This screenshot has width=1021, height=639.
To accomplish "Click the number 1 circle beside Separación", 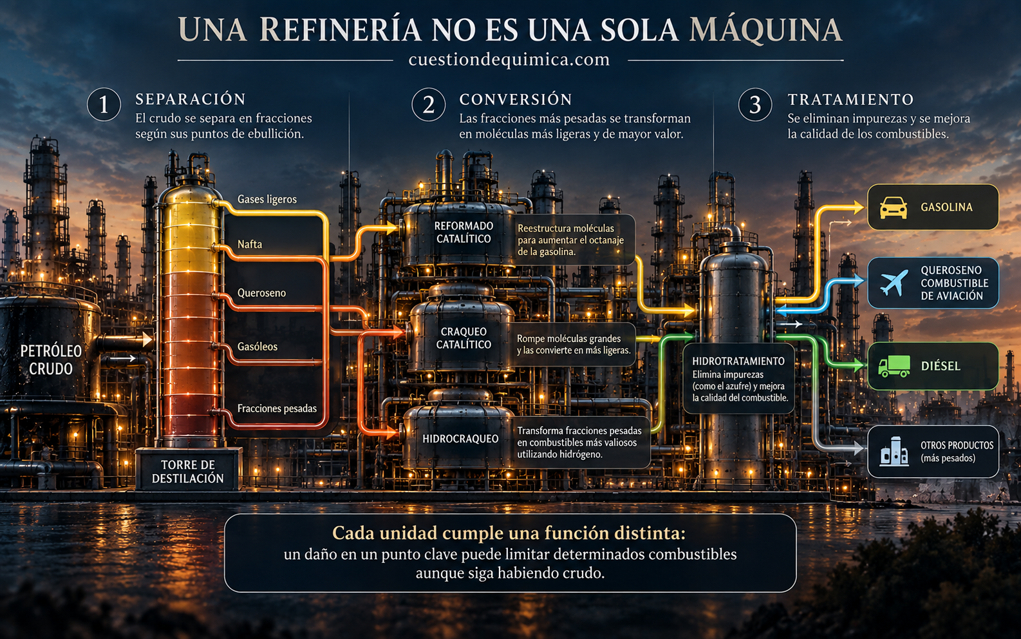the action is (104, 104).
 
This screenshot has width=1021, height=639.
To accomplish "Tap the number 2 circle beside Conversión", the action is (429, 104).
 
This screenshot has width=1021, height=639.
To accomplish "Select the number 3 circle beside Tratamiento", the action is (755, 104).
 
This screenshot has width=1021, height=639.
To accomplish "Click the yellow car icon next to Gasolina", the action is (893, 207).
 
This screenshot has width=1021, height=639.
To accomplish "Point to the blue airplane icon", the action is (894, 282).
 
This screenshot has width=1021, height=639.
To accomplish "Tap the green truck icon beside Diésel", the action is (894, 367).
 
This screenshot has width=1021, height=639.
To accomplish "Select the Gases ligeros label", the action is (267, 199).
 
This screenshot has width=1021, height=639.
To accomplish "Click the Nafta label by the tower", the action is (250, 245).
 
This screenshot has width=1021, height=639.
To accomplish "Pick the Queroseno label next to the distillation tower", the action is (261, 293).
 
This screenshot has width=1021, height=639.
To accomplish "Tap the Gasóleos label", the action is (257, 347).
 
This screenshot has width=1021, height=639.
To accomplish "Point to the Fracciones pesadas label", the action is (277, 408).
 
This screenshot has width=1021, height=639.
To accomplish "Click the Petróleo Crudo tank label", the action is (51, 360).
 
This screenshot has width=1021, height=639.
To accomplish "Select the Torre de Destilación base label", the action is (188, 472).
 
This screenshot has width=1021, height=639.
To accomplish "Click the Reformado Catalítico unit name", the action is (464, 232).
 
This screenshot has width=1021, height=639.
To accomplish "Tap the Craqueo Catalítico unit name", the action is (464, 338).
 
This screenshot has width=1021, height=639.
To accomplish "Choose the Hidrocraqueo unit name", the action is (460, 439).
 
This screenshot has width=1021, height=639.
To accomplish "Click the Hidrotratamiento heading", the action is (738, 361).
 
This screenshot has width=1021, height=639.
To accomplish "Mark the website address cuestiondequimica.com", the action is (509, 60).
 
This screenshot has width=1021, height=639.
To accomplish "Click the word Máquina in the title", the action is (766, 30).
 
